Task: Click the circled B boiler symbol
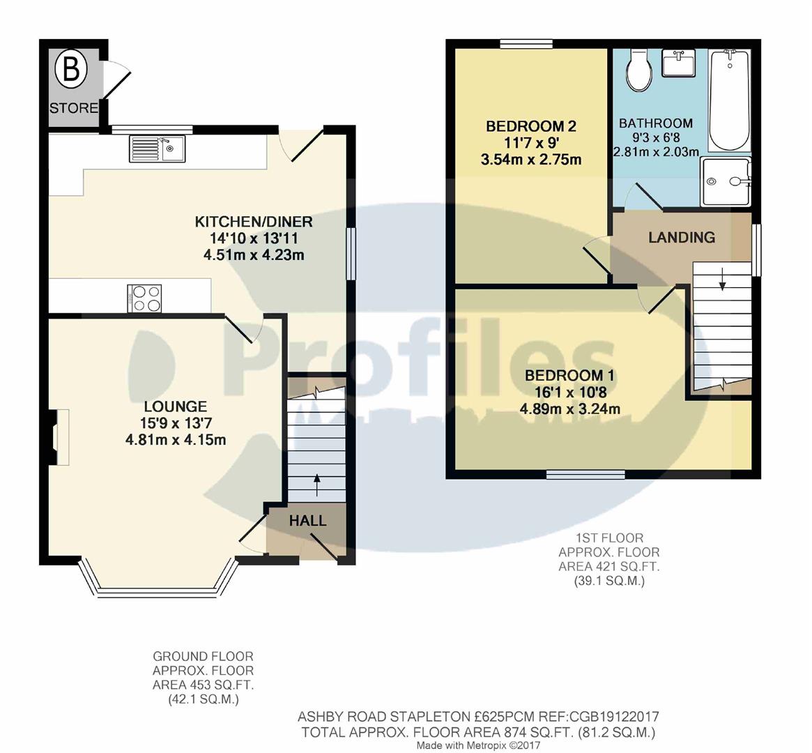(x=70, y=69)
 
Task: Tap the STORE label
(x=73, y=108)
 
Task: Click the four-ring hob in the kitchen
(x=145, y=298)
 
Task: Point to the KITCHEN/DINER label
(x=253, y=222)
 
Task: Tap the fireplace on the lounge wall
(x=56, y=437)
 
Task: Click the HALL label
(x=307, y=521)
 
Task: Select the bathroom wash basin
(x=678, y=63)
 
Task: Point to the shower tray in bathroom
(x=726, y=181)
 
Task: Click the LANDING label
(x=681, y=237)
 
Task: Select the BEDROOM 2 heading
(x=531, y=126)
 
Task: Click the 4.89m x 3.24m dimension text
(x=570, y=409)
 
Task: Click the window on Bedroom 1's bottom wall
(x=585, y=475)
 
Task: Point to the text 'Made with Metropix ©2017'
(x=477, y=745)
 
